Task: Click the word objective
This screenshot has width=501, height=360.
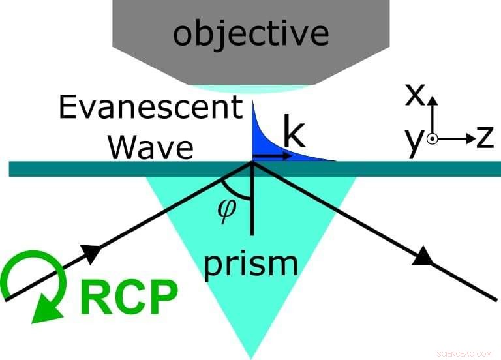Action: tap(250, 32)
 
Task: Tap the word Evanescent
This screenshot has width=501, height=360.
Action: tap(151, 108)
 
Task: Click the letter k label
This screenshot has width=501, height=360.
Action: tap(294, 134)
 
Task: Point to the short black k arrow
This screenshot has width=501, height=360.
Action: tap(271, 156)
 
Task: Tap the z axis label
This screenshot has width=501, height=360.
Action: tap(483, 138)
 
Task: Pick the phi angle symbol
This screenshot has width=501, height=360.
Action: tap(226, 211)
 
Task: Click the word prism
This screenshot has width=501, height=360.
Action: tap(251, 263)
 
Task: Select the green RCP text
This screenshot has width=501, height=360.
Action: tap(129, 298)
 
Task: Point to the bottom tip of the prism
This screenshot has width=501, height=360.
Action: tap(251, 356)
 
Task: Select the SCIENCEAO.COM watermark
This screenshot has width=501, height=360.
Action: tap(464, 353)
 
